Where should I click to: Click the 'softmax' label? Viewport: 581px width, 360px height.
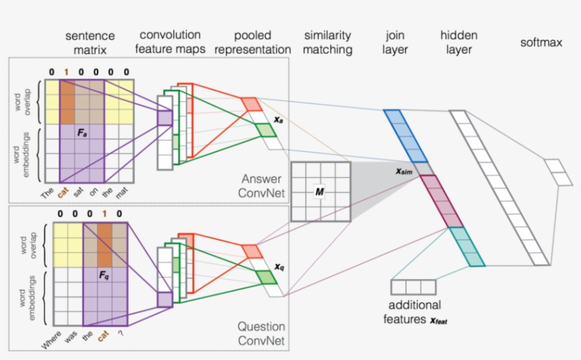click(x=541, y=43)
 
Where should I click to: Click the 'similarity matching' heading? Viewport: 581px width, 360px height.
click(x=327, y=43)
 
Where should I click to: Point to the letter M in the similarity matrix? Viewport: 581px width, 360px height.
click(x=320, y=192)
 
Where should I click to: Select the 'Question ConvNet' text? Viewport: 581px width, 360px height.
click(x=261, y=334)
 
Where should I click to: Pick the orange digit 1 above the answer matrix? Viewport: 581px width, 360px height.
click(x=66, y=72)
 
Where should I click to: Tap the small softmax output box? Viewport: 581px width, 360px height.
click(x=558, y=171)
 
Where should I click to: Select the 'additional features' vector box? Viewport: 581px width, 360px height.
click(x=413, y=287)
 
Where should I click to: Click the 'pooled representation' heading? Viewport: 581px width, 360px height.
click(x=253, y=43)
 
